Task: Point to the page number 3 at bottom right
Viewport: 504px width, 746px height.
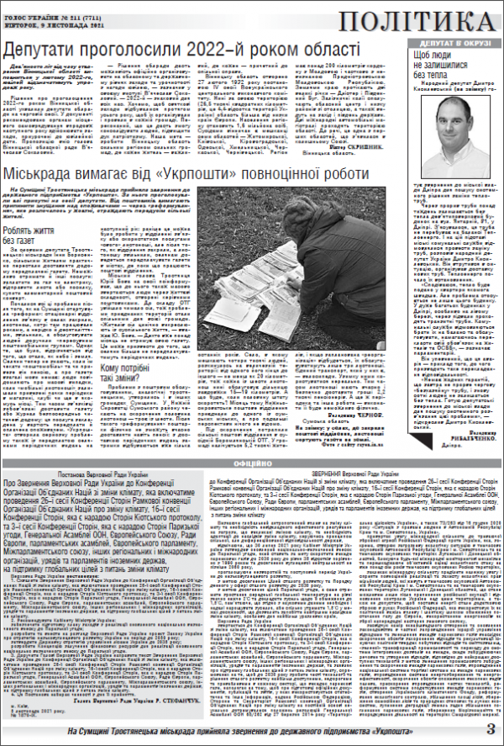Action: coord(490,728)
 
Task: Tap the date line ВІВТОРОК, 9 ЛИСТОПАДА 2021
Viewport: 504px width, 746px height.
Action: coord(46,15)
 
